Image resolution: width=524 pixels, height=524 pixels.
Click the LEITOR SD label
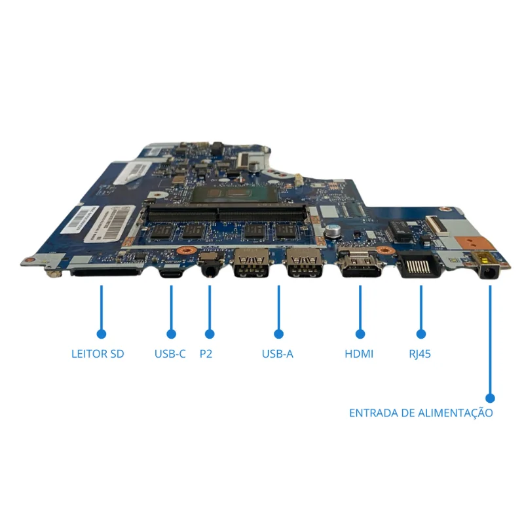coord(98,354)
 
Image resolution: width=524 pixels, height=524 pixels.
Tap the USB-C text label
coord(170,354)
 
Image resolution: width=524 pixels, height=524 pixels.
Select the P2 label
coord(206,354)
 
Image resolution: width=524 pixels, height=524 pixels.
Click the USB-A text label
coord(277,354)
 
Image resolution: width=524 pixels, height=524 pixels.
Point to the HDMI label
coord(359,354)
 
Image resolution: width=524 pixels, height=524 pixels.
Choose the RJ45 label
coord(420,354)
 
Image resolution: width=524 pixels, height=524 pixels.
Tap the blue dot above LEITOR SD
coord(102,334)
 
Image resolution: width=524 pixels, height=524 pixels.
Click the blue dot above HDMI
coord(360,334)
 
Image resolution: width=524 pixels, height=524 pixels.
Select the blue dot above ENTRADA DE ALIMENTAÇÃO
coord(490,398)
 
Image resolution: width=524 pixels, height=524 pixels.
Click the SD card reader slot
coord(105,272)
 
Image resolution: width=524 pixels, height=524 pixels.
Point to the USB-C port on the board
coord(171,274)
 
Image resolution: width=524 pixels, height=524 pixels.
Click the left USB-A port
coord(252,264)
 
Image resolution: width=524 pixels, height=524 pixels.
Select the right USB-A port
coord(305,264)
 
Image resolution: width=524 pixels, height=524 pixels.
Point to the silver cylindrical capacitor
coord(333,231)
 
